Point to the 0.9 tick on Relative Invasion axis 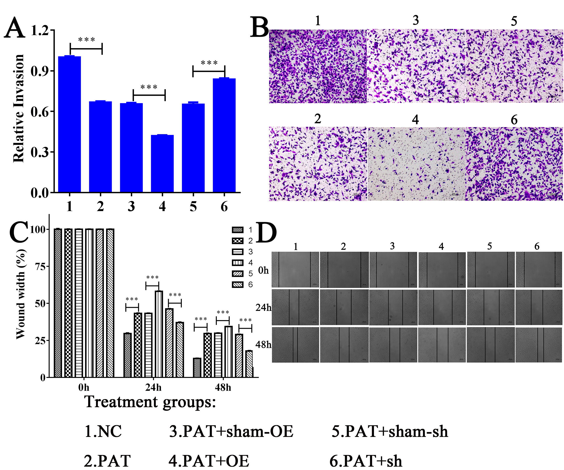point(40,71)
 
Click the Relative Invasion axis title point(19,109)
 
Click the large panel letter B point(259,27)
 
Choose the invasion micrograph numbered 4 point(416,164)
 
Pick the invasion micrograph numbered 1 point(318,66)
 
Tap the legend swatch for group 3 point(237,252)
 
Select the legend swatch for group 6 point(237,285)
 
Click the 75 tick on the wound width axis point(40,266)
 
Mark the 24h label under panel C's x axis point(153,388)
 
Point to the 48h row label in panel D point(263,345)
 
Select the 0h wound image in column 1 point(295,270)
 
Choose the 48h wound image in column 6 point(538,345)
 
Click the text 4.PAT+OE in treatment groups point(209,461)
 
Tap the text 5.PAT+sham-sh point(390,432)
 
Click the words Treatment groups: point(150,402)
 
